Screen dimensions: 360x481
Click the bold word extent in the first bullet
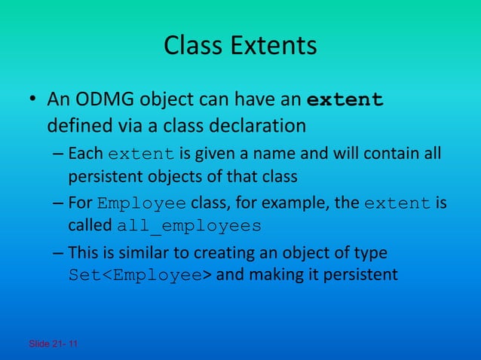click(347, 100)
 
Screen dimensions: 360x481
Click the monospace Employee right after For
click(142, 204)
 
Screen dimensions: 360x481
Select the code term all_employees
click(189, 226)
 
